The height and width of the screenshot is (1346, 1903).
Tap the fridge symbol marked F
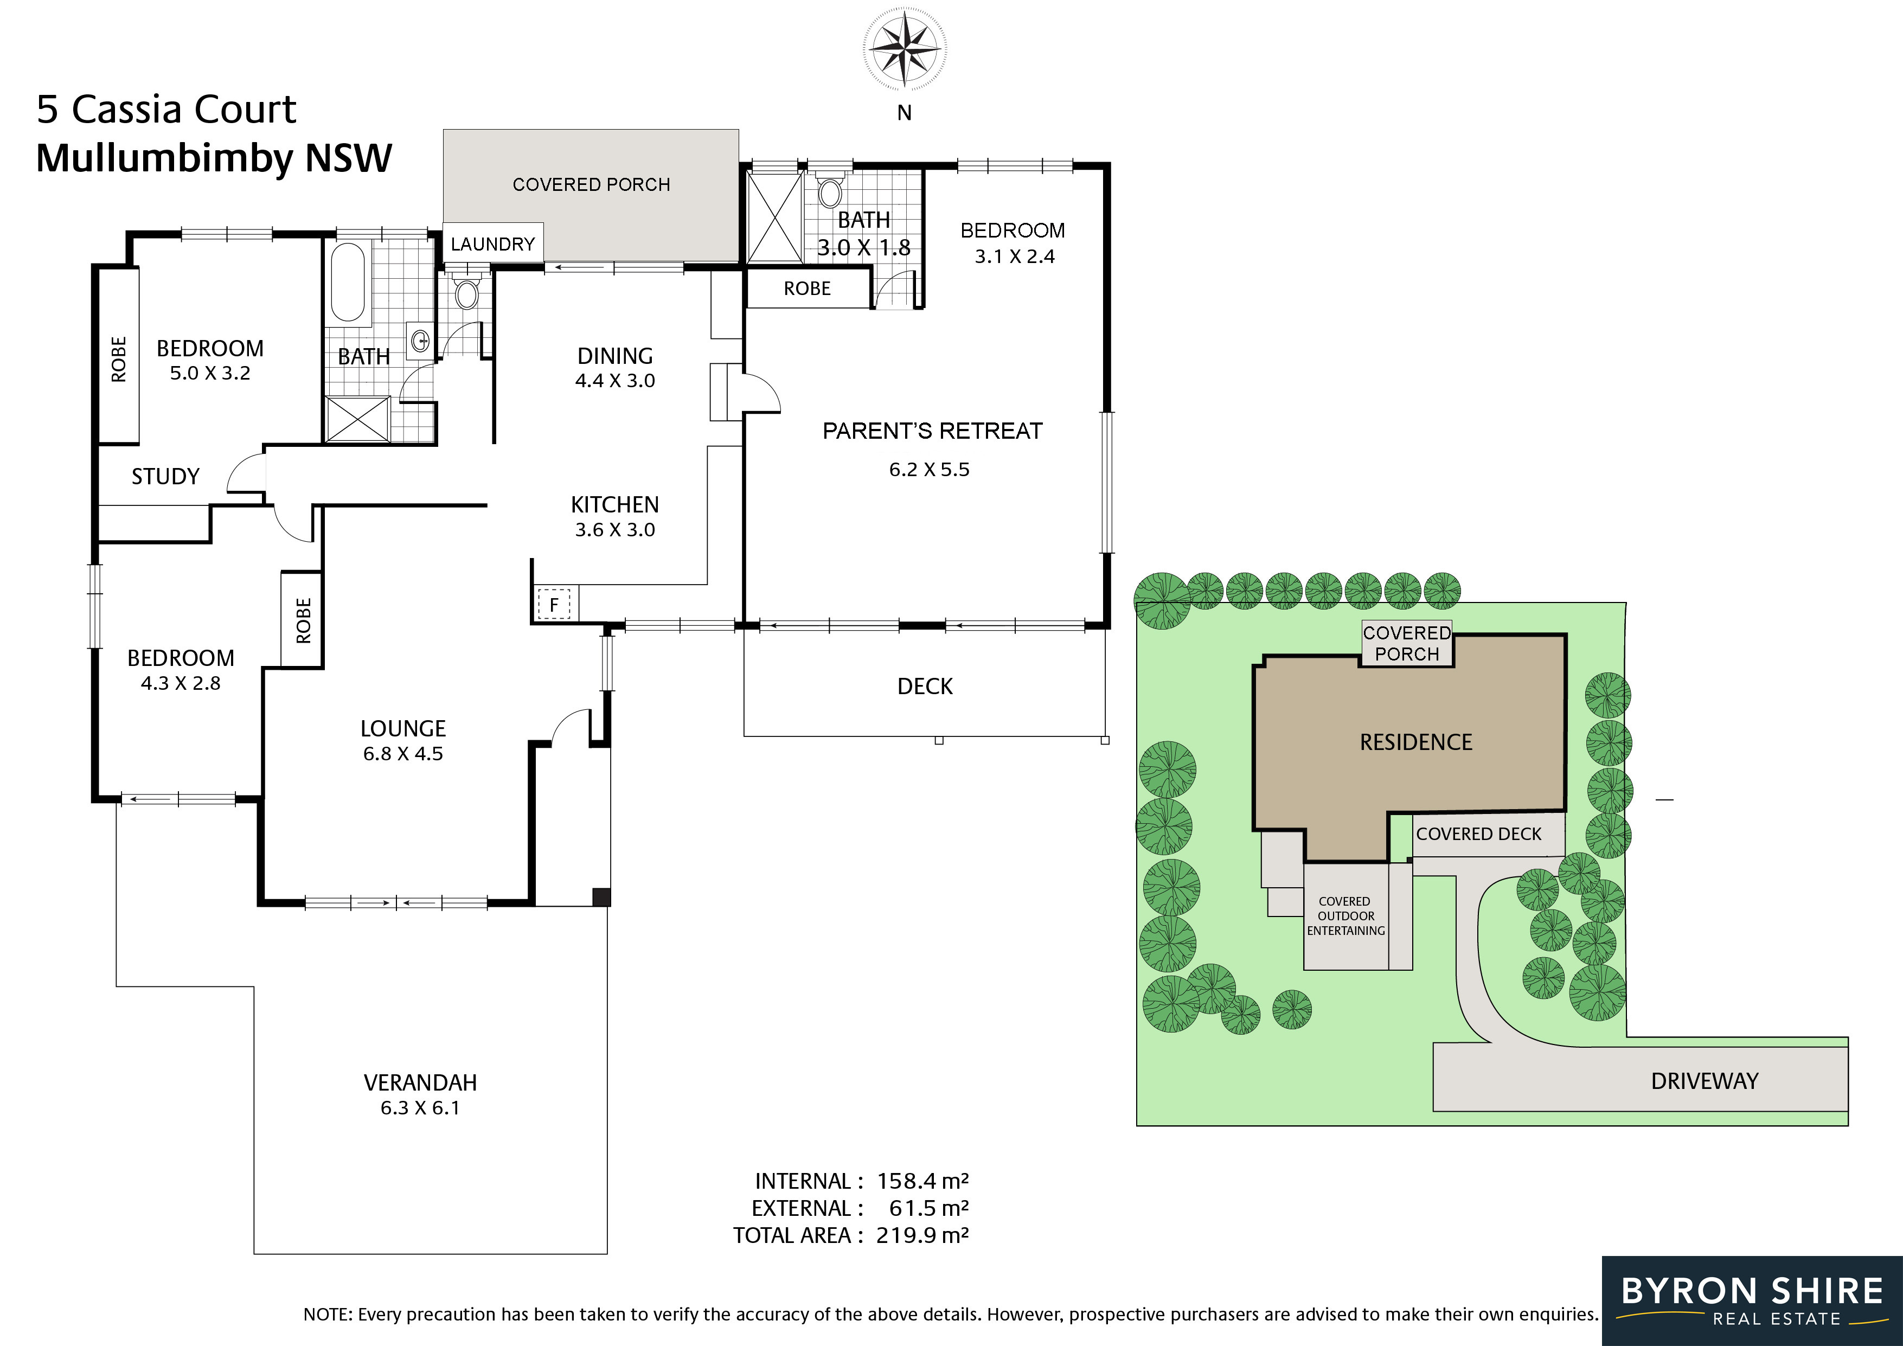click(x=554, y=604)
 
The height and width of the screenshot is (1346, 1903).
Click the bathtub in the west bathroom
click(x=348, y=281)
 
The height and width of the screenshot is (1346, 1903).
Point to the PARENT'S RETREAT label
click(x=932, y=431)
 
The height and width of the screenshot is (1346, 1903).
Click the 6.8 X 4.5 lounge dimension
click(x=403, y=753)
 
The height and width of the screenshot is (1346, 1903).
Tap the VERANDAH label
click(x=420, y=1082)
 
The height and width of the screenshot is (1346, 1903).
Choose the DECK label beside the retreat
click(x=925, y=686)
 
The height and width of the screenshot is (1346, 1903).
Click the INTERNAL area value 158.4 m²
click(x=922, y=1180)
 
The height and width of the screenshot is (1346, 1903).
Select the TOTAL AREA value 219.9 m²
click(x=922, y=1235)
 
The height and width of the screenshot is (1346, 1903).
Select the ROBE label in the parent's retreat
click(x=808, y=289)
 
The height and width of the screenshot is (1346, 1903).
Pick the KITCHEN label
click(x=615, y=505)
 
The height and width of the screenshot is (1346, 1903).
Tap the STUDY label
click(x=166, y=477)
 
